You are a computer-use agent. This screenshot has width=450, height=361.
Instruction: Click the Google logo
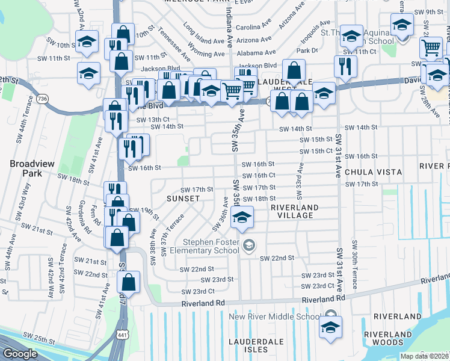[x=20, y=354]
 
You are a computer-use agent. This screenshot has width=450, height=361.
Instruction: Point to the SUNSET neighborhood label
[x=183, y=198]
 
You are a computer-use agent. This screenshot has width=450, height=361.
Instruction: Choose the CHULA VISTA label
[x=373, y=172]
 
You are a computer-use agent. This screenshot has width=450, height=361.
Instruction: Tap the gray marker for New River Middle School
[x=330, y=315]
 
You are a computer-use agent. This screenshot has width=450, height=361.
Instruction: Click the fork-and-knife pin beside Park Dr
[x=345, y=67]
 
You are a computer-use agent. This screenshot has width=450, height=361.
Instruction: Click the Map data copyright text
[x=425, y=356]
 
